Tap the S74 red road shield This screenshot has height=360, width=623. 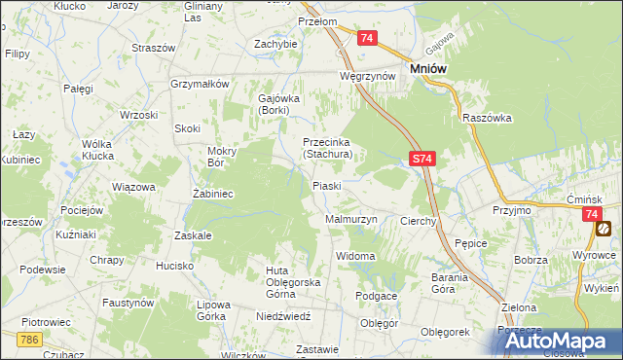click(420, 158)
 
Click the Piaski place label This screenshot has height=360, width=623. click(326, 186)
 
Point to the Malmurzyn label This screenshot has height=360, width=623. click(350, 220)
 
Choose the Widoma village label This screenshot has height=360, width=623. click(355, 256)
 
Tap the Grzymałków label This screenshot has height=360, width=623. click(199, 84)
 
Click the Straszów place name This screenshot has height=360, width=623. click(154, 48)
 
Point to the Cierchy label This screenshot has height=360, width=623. click(419, 222)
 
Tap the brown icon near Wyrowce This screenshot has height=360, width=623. click(605, 229)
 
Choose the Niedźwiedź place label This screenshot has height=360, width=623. click(282, 316)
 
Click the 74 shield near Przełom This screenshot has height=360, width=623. click(366, 38)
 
